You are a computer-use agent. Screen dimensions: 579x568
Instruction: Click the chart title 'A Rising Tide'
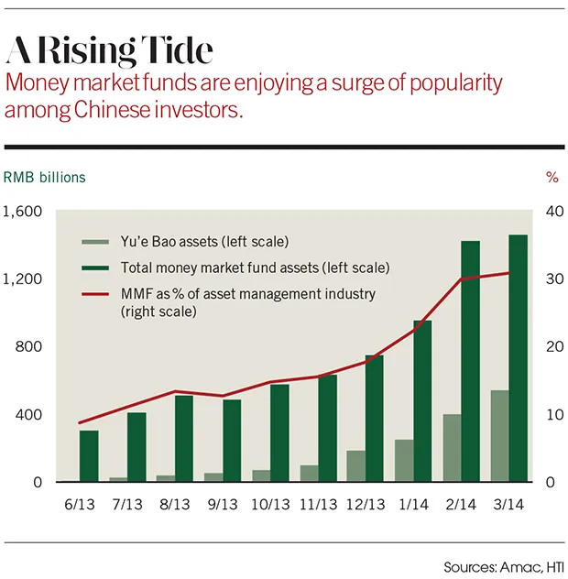tap(110, 48)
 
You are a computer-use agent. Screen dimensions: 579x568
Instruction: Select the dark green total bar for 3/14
tap(518, 357)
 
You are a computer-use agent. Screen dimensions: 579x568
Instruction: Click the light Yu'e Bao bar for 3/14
tap(500, 435)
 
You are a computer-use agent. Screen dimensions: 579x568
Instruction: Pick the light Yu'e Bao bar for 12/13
tap(356, 465)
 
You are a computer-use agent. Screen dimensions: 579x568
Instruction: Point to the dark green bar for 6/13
tap(88, 455)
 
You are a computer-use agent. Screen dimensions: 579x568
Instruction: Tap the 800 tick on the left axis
tap(30, 347)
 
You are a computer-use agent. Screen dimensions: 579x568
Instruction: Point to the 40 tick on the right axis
tap(552, 212)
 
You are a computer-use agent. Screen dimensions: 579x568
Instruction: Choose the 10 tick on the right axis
tap(552, 415)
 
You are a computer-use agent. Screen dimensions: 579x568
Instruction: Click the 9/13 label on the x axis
tap(221, 505)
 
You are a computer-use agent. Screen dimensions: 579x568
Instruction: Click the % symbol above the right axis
tap(552, 176)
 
